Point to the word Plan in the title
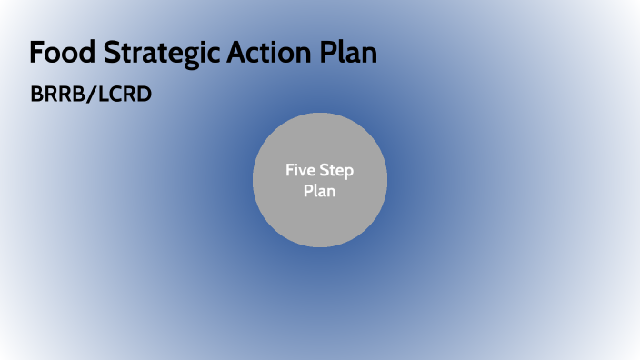[347, 53]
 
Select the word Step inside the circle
[337, 170]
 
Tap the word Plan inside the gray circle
[319, 191]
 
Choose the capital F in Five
[289, 170]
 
